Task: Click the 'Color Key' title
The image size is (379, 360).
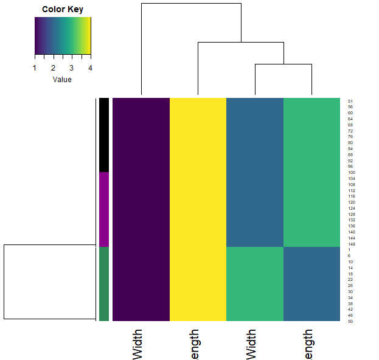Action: coord(63,10)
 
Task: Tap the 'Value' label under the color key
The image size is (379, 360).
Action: coord(62,80)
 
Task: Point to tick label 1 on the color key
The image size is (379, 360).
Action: coord(35,67)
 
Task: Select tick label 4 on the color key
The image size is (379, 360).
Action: coord(91,67)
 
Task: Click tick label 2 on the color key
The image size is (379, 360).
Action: coord(54,67)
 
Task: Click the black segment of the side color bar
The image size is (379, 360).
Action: coord(104,134)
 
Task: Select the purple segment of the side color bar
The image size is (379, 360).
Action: coord(104,209)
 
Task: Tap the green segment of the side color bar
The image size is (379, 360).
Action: coord(104,283)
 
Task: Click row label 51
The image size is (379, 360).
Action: coord(350,101)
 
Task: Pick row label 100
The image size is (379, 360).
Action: coord(351,173)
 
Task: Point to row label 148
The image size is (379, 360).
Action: coord(351,244)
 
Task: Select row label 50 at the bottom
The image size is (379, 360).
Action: coord(350,321)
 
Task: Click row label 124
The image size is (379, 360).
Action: coord(351,208)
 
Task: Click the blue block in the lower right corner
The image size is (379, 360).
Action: coord(311,283)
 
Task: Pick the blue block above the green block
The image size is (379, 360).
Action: coord(255,171)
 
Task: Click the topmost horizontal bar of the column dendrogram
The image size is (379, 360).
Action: coord(191,4)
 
